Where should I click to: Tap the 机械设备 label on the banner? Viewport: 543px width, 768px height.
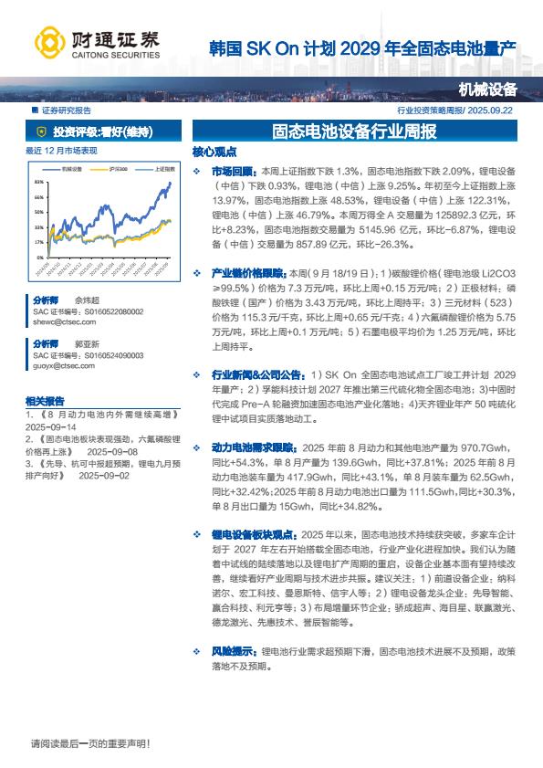click(487, 89)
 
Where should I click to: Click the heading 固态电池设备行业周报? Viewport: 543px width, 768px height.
click(355, 132)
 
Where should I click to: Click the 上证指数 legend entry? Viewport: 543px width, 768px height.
click(164, 168)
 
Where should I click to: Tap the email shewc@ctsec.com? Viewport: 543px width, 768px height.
click(57, 322)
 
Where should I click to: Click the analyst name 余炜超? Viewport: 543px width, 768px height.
click(87, 300)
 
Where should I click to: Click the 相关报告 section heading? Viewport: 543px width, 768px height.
click(45, 401)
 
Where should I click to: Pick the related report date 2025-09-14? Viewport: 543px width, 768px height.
click(51, 426)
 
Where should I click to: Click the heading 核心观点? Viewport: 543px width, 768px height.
click(214, 153)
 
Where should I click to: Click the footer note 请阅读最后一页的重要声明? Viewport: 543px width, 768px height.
click(89, 743)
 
